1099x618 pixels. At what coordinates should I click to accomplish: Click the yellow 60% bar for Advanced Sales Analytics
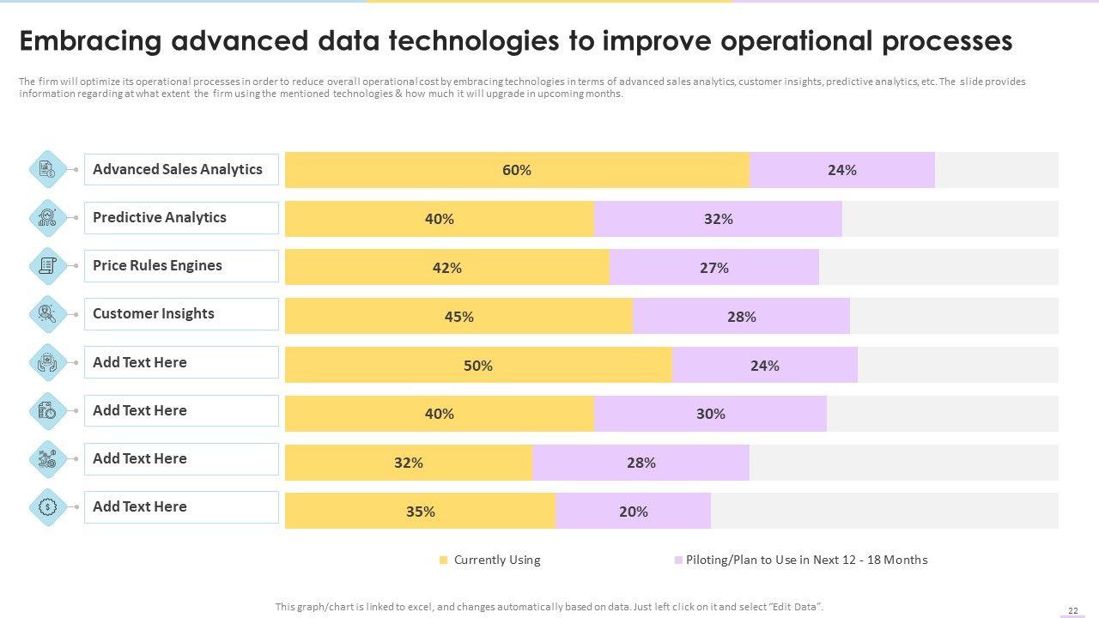pyautogui.click(x=517, y=170)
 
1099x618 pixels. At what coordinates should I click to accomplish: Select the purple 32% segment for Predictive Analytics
pyautogui.click(x=718, y=219)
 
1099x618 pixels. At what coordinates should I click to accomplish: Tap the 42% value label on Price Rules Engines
pyautogui.click(x=447, y=268)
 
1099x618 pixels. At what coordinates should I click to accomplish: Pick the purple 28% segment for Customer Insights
pyautogui.click(x=741, y=317)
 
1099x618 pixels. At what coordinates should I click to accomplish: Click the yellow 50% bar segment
pyautogui.click(x=478, y=366)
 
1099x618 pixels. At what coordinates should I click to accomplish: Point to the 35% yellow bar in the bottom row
pyautogui.click(x=420, y=512)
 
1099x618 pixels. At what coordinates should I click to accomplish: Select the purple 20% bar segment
pyautogui.click(x=633, y=512)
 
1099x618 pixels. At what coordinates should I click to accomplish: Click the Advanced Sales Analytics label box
pyautogui.click(x=181, y=170)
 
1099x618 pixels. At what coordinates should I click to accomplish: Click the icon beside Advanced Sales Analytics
pyautogui.click(x=48, y=170)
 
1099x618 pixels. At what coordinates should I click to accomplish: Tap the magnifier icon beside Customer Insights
pyautogui.click(x=48, y=314)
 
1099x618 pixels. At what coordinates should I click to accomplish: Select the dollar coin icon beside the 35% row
pyautogui.click(x=48, y=507)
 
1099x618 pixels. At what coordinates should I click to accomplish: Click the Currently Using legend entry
pyautogui.click(x=497, y=560)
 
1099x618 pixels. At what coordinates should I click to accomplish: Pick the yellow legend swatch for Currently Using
pyautogui.click(x=444, y=560)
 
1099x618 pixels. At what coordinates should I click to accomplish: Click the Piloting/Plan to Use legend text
pyautogui.click(x=806, y=560)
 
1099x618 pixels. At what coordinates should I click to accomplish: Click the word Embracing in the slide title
pyautogui.click(x=89, y=41)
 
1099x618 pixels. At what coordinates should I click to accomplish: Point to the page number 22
pyautogui.click(x=1072, y=610)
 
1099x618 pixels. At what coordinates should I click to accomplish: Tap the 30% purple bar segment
pyautogui.click(x=710, y=414)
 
